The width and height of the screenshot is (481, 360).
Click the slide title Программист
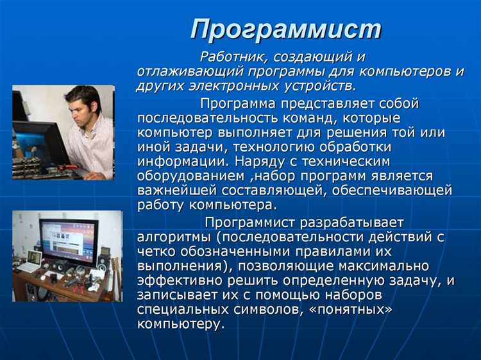point(286,29)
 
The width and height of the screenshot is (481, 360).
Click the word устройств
point(325,86)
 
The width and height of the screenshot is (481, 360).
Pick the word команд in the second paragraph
point(321,119)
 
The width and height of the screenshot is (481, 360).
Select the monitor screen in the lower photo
point(69,240)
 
